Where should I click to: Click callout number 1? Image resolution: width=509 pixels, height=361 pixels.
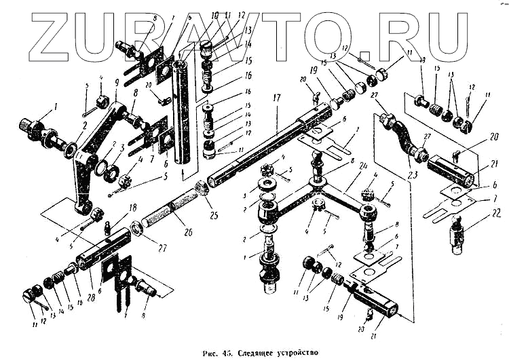pos(57,107)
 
